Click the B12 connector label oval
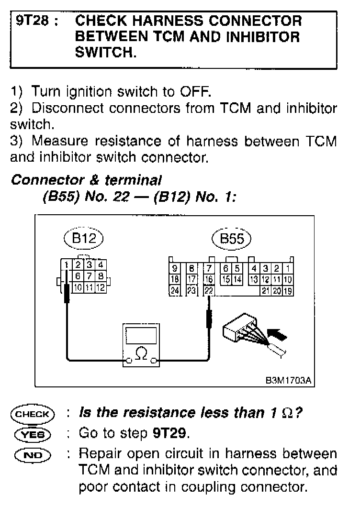coord(84,239)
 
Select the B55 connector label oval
coord(232,239)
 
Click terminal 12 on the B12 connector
coord(101,287)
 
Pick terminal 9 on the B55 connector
coord(175,268)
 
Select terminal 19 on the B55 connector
coord(288,290)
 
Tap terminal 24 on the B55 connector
coord(175,290)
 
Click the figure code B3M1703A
coord(289,381)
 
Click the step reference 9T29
coord(171,433)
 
